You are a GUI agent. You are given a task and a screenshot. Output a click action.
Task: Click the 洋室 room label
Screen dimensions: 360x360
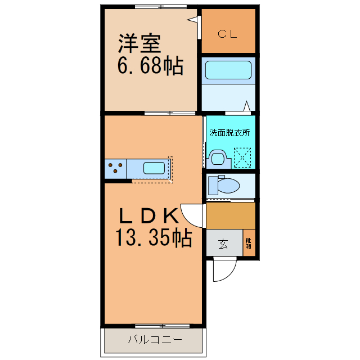click(x=139, y=44)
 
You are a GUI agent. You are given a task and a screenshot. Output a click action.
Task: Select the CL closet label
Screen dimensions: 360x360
click(x=228, y=33)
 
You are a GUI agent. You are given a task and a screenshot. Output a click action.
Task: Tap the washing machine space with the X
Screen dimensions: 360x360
click(x=243, y=157)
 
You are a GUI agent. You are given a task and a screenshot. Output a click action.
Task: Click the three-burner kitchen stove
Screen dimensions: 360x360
click(x=115, y=168)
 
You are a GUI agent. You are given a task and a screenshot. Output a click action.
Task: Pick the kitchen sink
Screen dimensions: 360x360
click(x=154, y=168)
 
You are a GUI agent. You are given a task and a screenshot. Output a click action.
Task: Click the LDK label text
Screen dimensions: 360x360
click(x=148, y=215)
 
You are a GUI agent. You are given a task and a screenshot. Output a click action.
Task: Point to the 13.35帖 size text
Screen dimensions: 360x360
click(x=153, y=238)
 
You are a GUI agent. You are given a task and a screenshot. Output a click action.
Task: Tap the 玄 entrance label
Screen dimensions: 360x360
click(x=223, y=244)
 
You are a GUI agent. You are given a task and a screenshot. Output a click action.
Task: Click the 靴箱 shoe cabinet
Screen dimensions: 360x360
click(x=248, y=243)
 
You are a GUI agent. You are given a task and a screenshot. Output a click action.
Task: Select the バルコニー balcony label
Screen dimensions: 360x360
click(x=154, y=340)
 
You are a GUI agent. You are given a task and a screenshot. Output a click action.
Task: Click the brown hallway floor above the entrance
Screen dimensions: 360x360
click(x=231, y=215)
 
